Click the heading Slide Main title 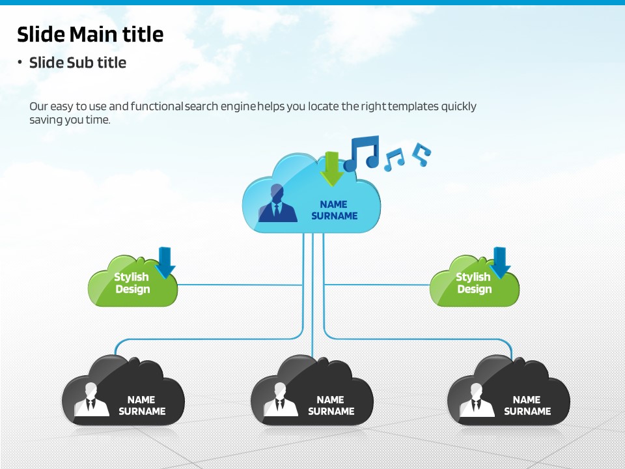90,34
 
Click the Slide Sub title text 77,63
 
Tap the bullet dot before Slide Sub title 20,63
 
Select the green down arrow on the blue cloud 333,168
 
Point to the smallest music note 423,153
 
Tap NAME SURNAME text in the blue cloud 334,210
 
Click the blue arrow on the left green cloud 165,262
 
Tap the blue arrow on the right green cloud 500,262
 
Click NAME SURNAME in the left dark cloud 141,405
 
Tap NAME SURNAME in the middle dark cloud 331,405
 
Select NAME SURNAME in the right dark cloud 527,405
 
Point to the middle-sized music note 394,159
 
